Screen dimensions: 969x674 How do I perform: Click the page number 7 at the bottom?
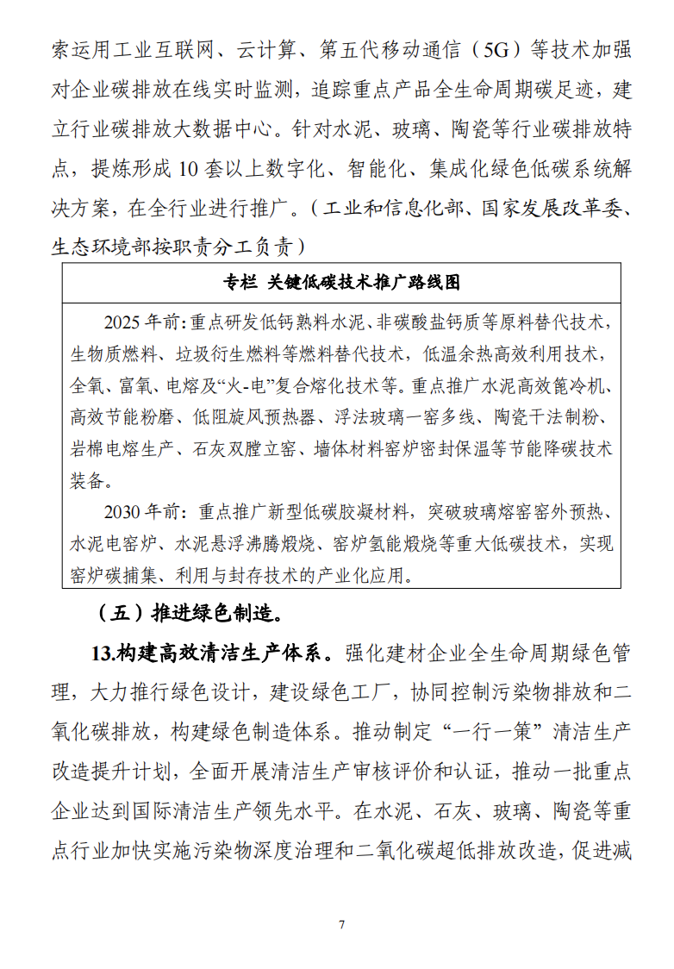tap(342, 925)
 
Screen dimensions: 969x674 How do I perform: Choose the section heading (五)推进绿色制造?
tap(190, 613)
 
